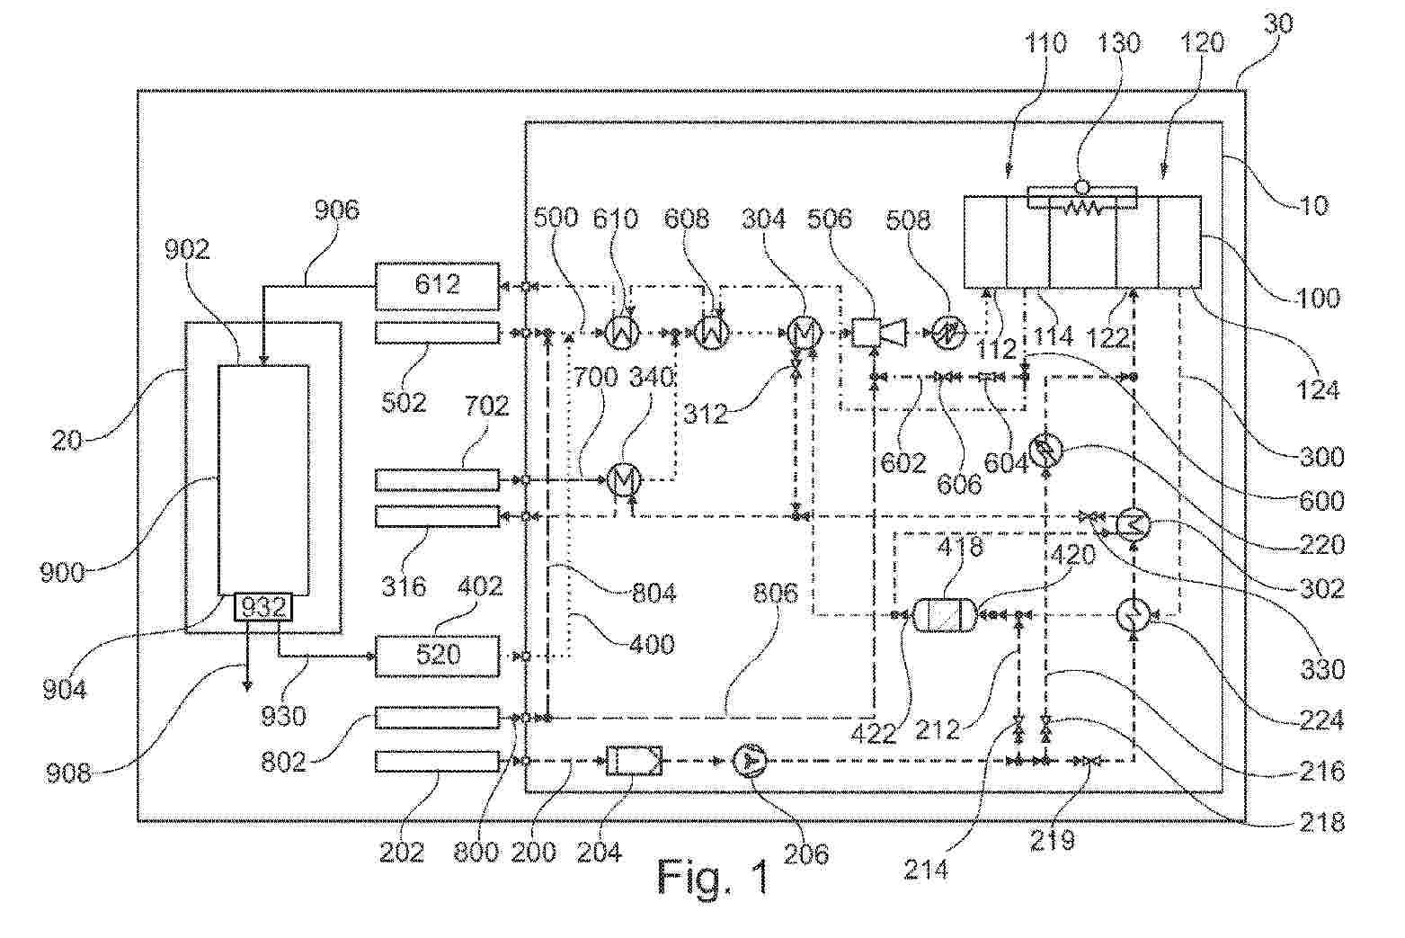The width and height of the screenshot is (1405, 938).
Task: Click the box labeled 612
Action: click(437, 286)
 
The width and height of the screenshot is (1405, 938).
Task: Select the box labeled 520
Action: click(437, 655)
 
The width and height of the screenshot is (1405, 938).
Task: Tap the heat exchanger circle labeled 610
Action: click(623, 333)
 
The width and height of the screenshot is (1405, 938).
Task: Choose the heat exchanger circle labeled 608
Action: click(713, 333)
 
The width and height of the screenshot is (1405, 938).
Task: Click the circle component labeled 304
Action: click(803, 333)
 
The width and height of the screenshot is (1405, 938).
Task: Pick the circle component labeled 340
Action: click(623, 480)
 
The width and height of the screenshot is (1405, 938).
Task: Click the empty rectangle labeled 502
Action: click(437, 333)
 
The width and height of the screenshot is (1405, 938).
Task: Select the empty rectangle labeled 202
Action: click(437, 761)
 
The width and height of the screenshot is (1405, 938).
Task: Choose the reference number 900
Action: click(63, 572)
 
